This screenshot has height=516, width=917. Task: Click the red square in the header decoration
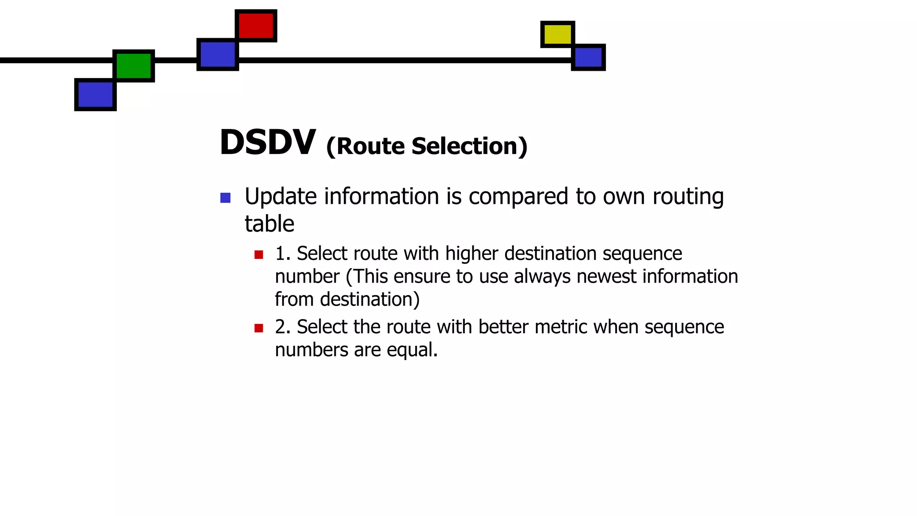click(x=256, y=26)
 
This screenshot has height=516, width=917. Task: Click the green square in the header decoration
click(x=133, y=66)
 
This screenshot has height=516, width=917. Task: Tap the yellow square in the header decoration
click(x=557, y=34)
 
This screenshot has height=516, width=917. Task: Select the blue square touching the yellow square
click(x=588, y=57)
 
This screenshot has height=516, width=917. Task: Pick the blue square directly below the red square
click(x=218, y=55)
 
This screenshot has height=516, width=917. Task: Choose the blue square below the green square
click(x=95, y=95)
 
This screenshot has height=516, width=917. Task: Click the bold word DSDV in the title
click(x=268, y=142)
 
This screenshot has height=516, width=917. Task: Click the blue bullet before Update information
click(x=225, y=198)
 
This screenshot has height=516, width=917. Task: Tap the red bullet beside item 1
click(x=258, y=255)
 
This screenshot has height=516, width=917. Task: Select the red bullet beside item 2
click(x=258, y=328)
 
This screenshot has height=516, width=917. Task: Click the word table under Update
click(x=269, y=224)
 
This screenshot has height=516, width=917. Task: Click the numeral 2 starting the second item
click(x=280, y=327)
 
